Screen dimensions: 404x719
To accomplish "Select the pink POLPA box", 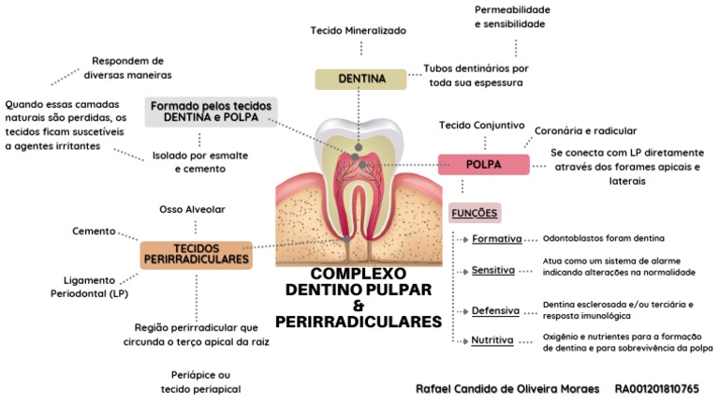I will (x=483, y=165).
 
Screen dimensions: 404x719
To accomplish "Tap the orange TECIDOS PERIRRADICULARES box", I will (x=197, y=253).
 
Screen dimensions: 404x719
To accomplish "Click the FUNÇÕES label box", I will (x=475, y=212).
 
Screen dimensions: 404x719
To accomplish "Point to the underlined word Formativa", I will (x=496, y=239).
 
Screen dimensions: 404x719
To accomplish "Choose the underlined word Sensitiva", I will (x=493, y=270).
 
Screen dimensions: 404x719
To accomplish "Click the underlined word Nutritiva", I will (x=492, y=340).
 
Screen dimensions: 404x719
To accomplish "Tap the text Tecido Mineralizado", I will (x=359, y=31).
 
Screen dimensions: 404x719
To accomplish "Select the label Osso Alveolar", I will (x=192, y=209).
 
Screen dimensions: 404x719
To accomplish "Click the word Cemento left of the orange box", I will (x=94, y=231).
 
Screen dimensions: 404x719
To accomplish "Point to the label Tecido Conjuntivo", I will (x=477, y=126).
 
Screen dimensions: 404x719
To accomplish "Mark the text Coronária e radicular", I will (x=585, y=131).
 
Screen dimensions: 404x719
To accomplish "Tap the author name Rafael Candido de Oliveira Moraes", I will (x=506, y=387).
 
